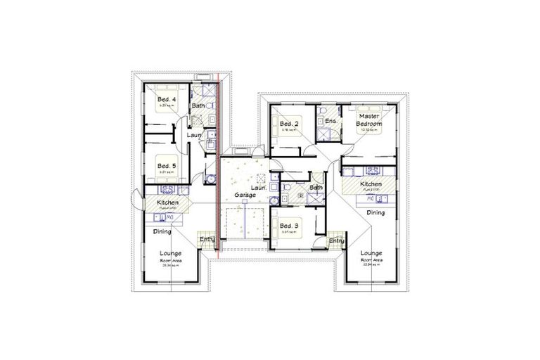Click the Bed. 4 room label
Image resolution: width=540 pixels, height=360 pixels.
(x=167, y=100)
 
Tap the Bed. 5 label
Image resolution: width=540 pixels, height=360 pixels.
(x=167, y=166)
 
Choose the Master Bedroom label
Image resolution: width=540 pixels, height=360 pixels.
(x=370, y=120)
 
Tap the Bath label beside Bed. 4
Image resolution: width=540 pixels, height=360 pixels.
(x=199, y=106)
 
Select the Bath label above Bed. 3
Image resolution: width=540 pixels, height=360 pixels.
(x=316, y=188)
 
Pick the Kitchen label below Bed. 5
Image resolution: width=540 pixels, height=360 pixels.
(x=168, y=203)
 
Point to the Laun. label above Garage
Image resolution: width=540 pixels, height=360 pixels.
(x=258, y=188)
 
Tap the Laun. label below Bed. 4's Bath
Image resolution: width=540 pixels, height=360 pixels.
(x=195, y=134)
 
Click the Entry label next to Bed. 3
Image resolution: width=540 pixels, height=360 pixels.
(x=337, y=241)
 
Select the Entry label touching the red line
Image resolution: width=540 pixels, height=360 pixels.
(x=207, y=240)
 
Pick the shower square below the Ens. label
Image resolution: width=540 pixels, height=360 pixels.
(x=328, y=134)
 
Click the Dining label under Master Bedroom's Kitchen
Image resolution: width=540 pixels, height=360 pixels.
(x=375, y=212)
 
